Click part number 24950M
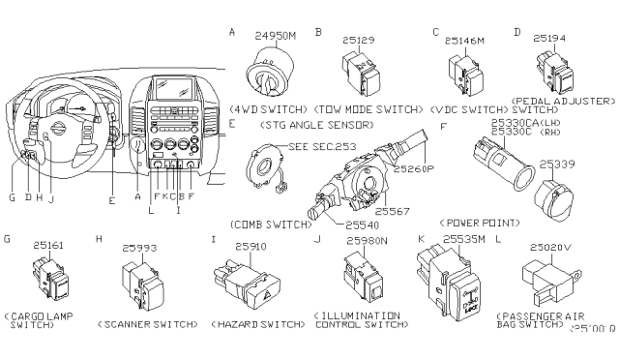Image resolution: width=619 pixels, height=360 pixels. pos(277,38)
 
